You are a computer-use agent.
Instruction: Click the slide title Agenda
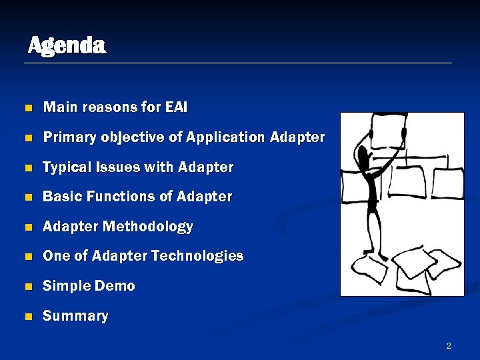[67, 45]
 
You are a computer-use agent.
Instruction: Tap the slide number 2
[449, 345]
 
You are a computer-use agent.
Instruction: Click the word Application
[226, 137]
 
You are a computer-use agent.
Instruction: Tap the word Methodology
[147, 227]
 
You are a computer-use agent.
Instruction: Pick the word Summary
[75, 316]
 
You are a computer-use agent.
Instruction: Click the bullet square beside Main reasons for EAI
[27, 108]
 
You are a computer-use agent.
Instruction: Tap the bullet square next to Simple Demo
[27, 287]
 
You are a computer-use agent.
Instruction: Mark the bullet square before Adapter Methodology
[27, 227]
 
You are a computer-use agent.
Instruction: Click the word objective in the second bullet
[141, 137]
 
